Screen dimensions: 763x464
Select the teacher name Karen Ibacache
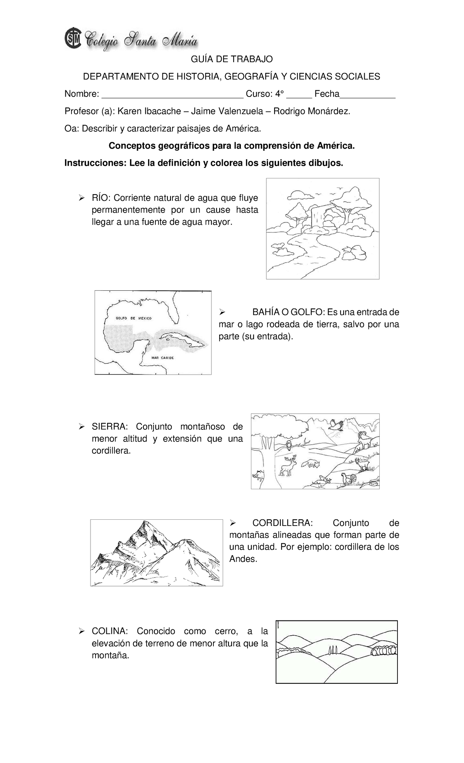(x=149, y=112)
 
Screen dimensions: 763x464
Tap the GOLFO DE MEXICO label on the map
(x=134, y=318)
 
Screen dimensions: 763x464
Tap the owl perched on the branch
(x=289, y=445)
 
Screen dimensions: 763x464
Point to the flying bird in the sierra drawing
(x=335, y=425)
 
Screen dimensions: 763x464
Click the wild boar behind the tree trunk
(x=258, y=475)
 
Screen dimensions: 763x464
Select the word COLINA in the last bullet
(x=109, y=631)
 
